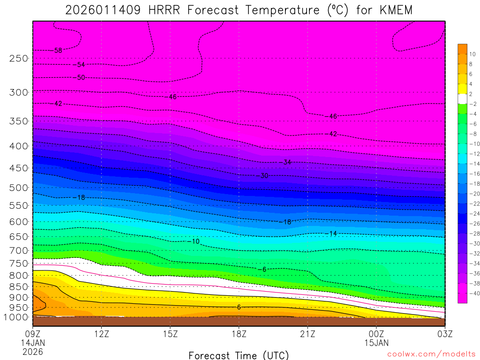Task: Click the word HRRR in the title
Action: (x=162, y=10)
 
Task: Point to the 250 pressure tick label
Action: (x=19, y=59)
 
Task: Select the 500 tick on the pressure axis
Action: (x=19, y=188)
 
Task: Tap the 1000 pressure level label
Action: (x=17, y=317)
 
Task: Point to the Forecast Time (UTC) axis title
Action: (x=239, y=355)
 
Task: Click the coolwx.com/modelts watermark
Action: (x=431, y=355)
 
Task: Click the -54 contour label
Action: (x=79, y=65)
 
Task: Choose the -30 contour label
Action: (x=263, y=176)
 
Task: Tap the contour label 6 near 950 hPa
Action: (x=239, y=307)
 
